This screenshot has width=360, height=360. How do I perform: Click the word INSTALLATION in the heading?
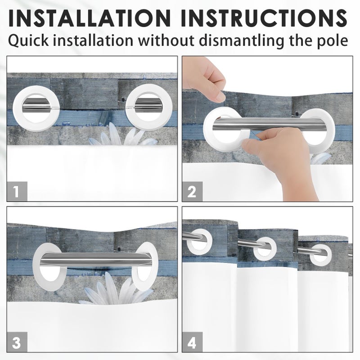point(89,18)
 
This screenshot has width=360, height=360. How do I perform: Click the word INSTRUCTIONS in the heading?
point(264,18)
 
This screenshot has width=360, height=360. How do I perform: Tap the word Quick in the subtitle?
point(28,41)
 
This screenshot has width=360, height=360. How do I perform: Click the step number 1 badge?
point(17,191)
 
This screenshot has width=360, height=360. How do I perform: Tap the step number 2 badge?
point(192,192)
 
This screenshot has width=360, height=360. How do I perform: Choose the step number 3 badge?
point(17,342)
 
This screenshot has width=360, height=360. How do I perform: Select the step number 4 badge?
point(192,342)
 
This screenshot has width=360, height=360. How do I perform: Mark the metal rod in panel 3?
point(95,258)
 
